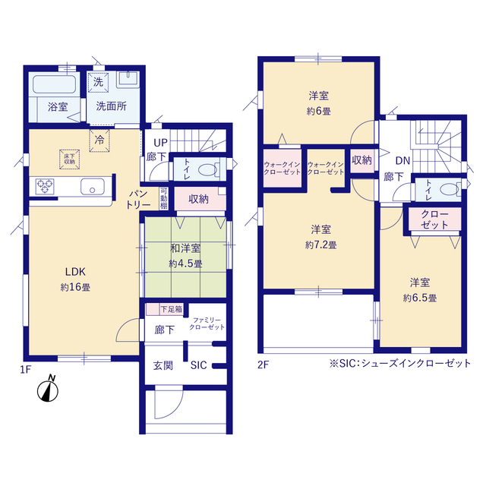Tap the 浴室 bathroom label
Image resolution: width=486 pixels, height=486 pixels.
(x=58, y=107)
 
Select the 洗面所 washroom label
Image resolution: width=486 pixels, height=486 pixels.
(x=111, y=107)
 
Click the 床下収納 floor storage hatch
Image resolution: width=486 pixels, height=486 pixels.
(x=69, y=157)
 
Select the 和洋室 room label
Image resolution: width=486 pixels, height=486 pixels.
(x=185, y=248)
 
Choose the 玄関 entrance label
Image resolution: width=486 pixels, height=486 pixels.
(x=163, y=365)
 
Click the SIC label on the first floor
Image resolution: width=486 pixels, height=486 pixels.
(x=198, y=365)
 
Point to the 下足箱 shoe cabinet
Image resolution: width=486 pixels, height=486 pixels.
(x=170, y=309)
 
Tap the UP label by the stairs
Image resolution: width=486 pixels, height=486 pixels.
(x=161, y=142)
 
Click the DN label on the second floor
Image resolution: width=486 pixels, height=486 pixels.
(x=402, y=160)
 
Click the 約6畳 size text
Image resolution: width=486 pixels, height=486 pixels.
(x=319, y=111)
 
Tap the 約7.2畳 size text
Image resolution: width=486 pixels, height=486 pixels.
(x=320, y=245)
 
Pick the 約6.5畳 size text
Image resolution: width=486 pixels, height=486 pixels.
(x=419, y=298)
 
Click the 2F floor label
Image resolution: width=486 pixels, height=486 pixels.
(x=264, y=364)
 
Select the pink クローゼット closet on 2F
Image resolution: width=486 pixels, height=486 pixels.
(x=434, y=220)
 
